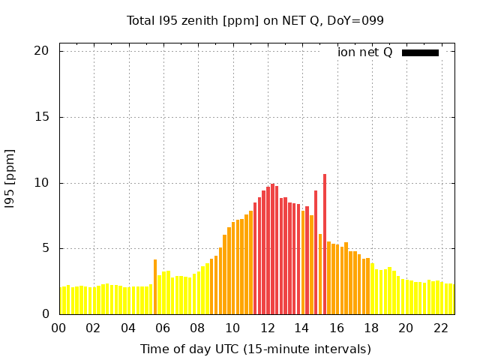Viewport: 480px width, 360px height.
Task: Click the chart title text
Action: [255, 20]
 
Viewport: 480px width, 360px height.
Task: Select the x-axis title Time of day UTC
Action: [255, 349]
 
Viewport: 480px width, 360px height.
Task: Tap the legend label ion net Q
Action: [364, 52]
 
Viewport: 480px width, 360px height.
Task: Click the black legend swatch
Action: [420, 52]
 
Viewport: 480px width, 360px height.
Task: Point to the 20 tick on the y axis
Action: [41, 51]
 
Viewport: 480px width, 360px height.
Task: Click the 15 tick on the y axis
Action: [41, 117]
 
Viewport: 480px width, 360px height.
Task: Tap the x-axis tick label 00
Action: [58, 328]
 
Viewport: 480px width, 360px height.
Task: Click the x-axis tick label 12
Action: [267, 328]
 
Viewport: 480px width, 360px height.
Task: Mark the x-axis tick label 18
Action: [371, 328]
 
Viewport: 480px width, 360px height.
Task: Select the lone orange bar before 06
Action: [155, 286]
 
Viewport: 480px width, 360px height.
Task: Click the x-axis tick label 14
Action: [301, 328]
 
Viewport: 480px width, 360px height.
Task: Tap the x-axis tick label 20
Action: [406, 328]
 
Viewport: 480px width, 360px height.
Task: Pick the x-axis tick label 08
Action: [197, 328]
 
